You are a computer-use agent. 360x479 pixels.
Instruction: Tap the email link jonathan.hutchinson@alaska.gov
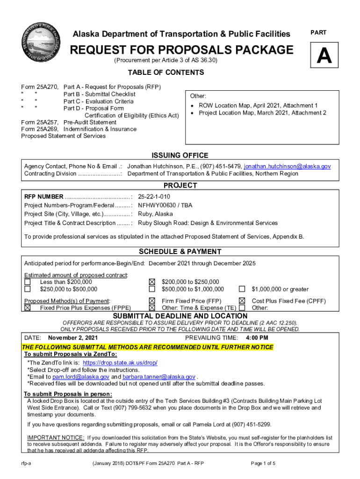pyautogui.click(x=287, y=167)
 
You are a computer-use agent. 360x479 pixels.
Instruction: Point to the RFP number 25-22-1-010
pyautogui.click(x=154, y=196)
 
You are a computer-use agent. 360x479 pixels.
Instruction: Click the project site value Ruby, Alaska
pyautogui.click(x=155, y=214)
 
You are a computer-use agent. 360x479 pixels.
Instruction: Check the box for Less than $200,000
pyautogui.click(x=28, y=282)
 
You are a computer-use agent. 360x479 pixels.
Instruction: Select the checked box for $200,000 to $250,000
pyautogui.click(x=151, y=282)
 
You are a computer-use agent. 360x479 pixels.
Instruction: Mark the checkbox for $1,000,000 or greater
pyautogui.click(x=242, y=290)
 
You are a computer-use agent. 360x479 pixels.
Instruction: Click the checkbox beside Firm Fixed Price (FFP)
pyautogui.click(x=151, y=301)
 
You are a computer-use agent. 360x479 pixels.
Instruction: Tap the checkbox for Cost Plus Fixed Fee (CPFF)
pyautogui.click(x=242, y=301)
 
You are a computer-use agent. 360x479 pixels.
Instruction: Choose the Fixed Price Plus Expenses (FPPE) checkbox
pyautogui.click(x=28, y=308)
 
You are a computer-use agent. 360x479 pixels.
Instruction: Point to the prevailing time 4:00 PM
pyautogui.click(x=257, y=338)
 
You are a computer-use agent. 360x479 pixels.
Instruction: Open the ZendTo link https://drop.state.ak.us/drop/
pyautogui.click(x=120, y=363)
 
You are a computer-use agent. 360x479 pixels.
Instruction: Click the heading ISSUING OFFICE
pyautogui.click(x=180, y=156)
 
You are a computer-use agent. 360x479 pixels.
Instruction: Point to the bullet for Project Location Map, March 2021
pyautogui.click(x=193, y=113)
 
